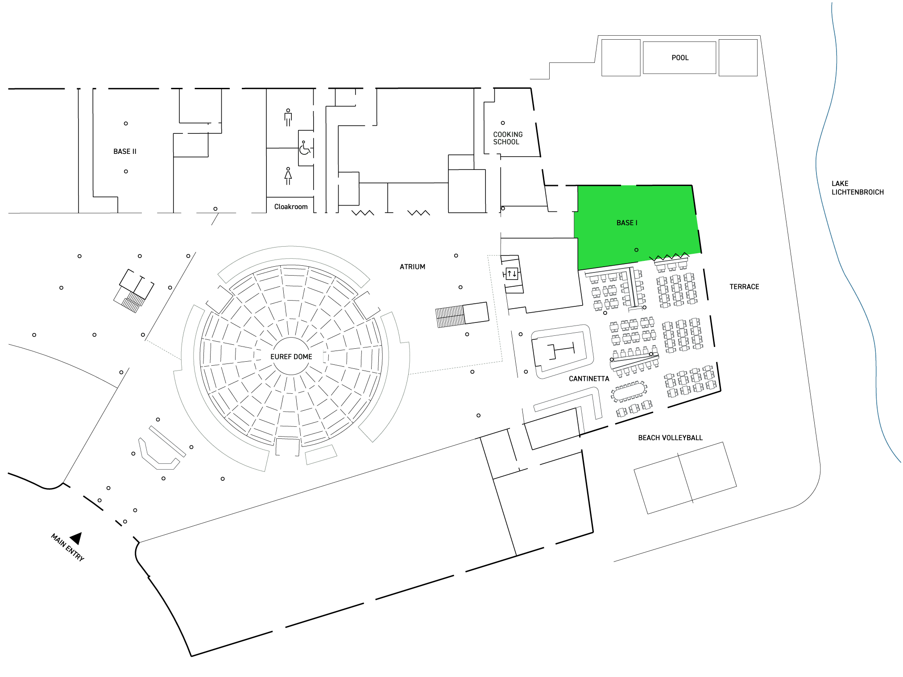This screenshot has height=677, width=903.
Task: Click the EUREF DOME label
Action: coord(291,356)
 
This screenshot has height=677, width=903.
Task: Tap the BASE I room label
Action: coord(627,223)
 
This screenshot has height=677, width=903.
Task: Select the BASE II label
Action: coord(125,151)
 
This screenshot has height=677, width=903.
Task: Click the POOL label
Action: coord(680,58)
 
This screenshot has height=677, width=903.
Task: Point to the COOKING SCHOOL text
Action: coord(508,138)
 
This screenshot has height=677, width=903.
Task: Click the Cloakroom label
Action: coord(291,206)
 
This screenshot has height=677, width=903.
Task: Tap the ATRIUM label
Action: coord(412,267)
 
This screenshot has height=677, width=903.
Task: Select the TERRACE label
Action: coord(744,287)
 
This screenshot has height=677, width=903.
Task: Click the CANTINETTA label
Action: coord(589,379)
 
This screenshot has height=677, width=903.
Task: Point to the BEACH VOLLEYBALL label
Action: coord(670,438)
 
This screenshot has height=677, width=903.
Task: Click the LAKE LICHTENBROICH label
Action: coord(857,188)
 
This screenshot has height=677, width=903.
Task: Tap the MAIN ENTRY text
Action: coord(67,547)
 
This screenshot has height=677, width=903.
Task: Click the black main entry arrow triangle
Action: coord(76,538)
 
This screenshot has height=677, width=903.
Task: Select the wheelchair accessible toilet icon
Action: coord(305,148)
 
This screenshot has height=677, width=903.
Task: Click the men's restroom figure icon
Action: coord(288,117)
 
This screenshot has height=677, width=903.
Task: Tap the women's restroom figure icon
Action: coord(288,176)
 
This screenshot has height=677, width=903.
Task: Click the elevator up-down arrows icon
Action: coord(512,273)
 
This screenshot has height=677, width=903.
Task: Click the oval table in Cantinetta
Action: coord(629,392)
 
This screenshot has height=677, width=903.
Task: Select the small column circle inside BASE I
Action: coord(636,250)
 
